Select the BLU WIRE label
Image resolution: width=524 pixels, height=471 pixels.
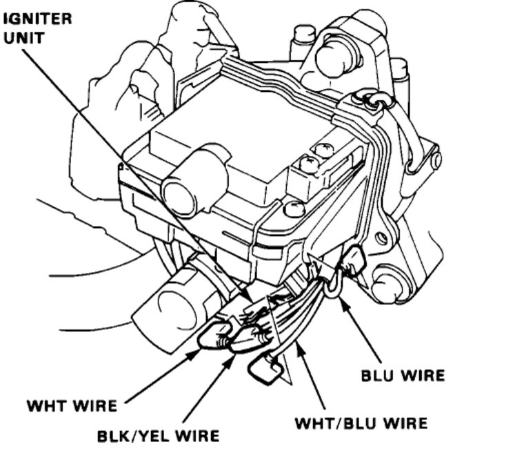[x=403, y=376]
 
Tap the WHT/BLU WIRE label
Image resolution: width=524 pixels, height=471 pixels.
[x=361, y=422]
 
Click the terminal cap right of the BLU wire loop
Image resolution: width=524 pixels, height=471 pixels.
[x=354, y=261]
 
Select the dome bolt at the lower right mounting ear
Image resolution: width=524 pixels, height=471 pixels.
[x=387, y=284]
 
